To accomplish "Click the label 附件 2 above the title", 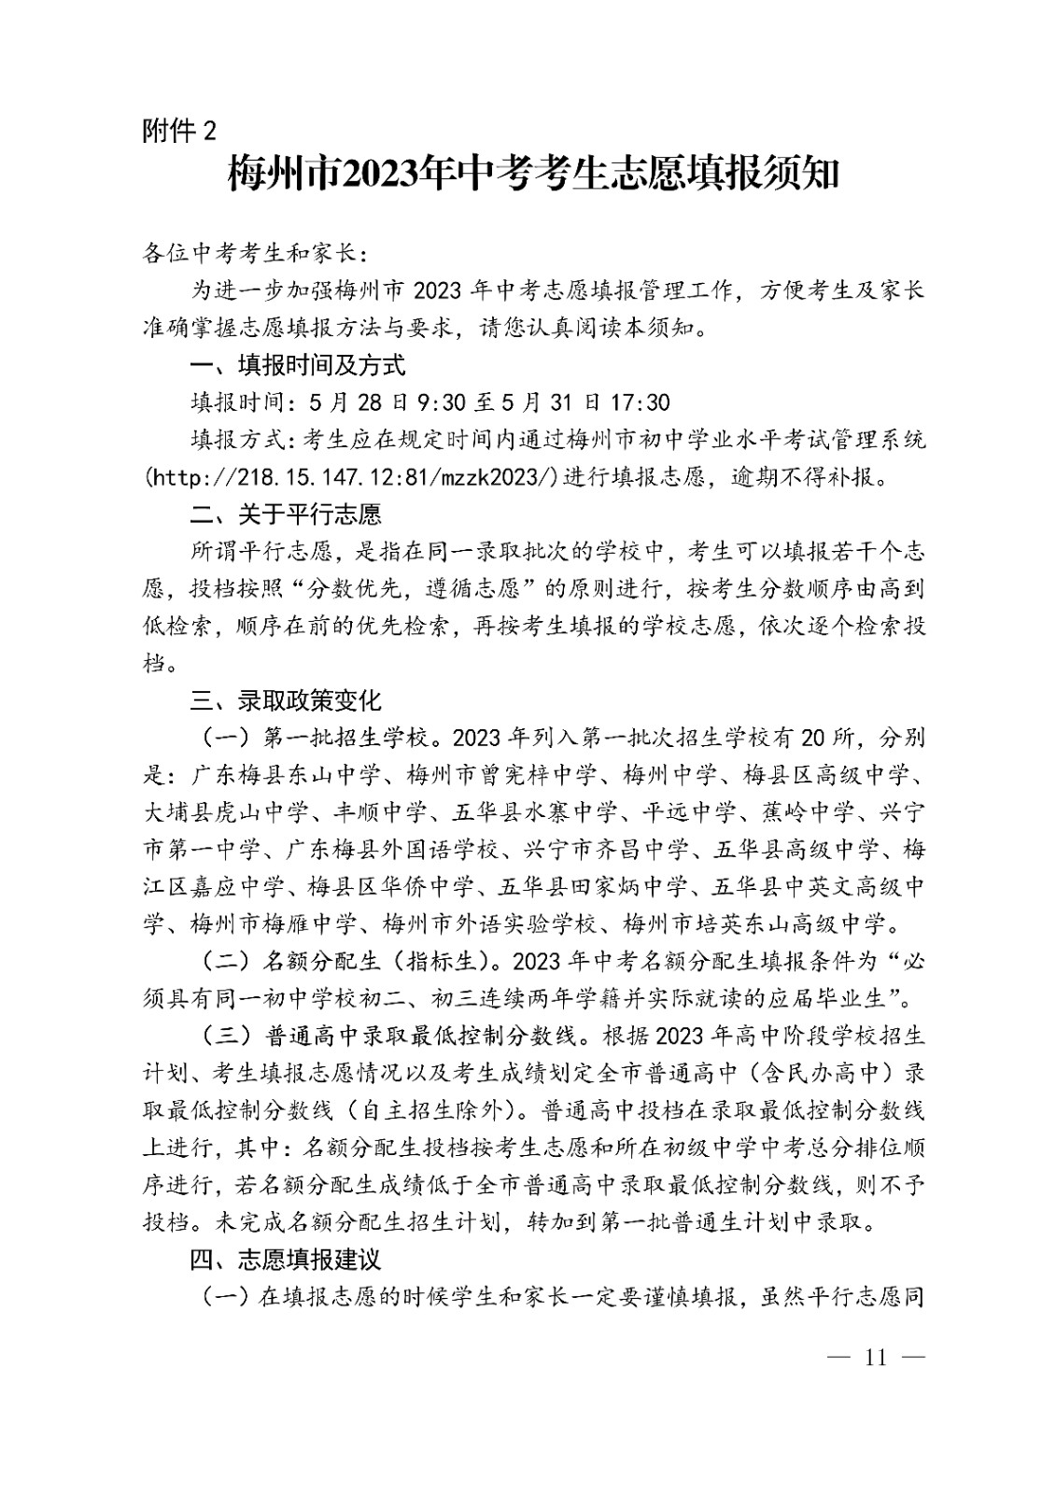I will (x=178, y=131).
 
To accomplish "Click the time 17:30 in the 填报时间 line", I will (x=640, y=402).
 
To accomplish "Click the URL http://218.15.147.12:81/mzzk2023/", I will (x=354, y=477).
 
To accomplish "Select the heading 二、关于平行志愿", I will (x=286, y=514).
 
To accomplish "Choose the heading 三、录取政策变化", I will (x=286, y=700).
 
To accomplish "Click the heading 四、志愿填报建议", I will (x=286, y=1260).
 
